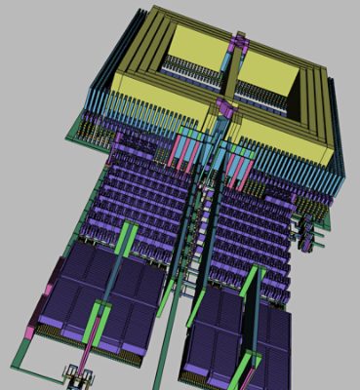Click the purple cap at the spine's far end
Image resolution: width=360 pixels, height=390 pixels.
pyautogui.click(x=237, y=41)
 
